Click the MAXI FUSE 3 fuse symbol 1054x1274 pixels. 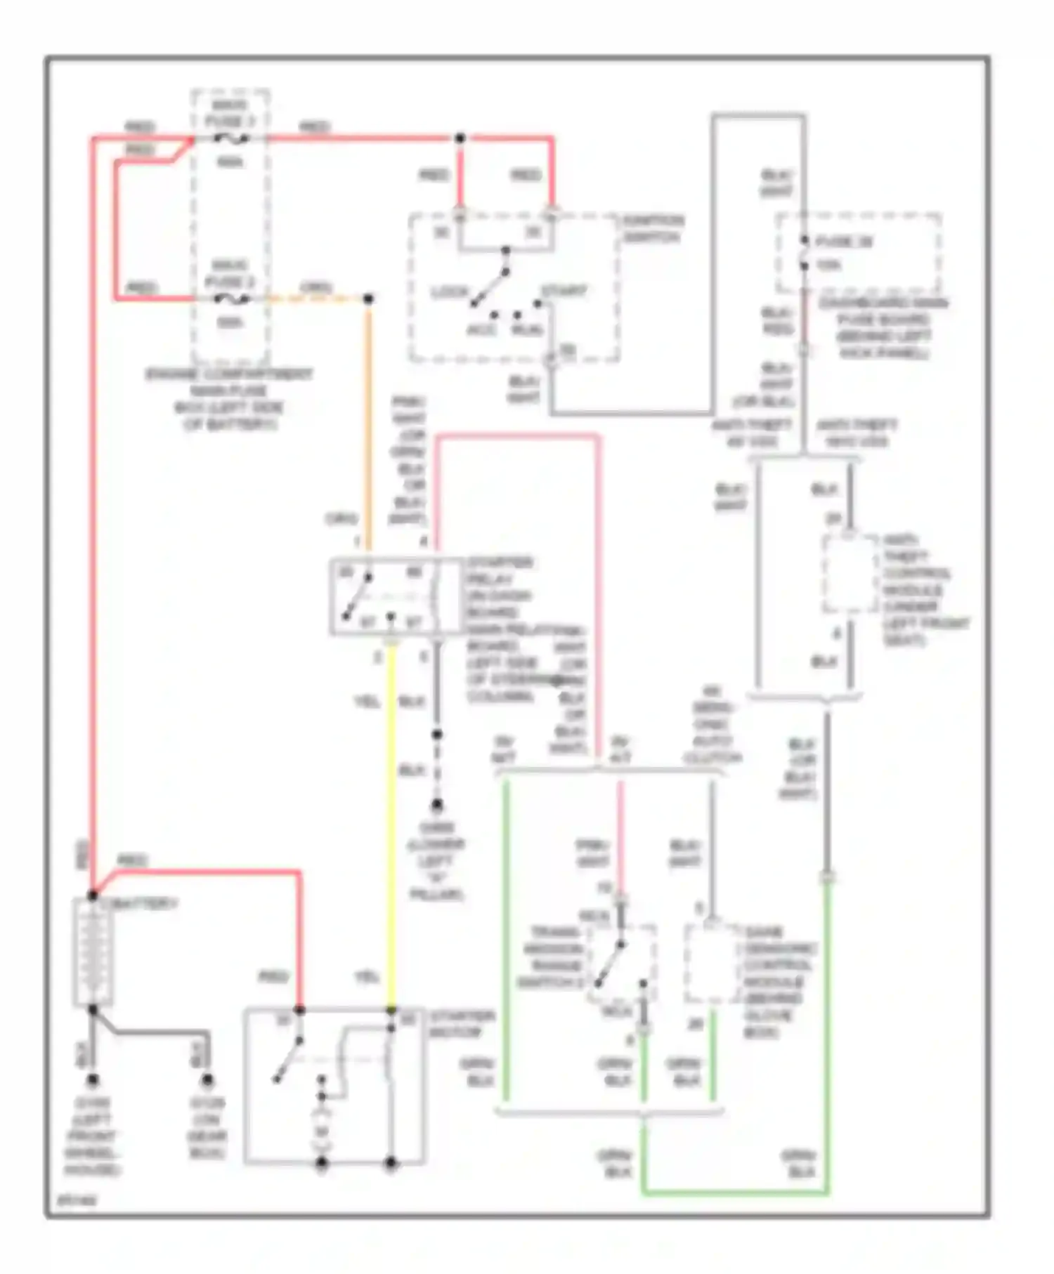click(x=230, y=139)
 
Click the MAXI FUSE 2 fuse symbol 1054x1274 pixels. click(x=230, y=299)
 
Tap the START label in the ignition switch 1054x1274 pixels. click(x=564, y=290)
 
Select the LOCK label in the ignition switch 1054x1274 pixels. click(x=450, y=291)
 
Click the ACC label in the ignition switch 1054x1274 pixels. click(x=481, y=330)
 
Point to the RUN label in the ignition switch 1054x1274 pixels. click(x=527, y=330)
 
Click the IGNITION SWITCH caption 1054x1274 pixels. click(x=653, y=229)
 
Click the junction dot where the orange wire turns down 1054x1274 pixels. click(x=367, y=299)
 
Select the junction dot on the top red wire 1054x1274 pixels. click(x=460, y=138)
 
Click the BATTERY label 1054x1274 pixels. click(x=145, y=903)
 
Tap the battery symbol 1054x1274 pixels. click(x=93, y=952)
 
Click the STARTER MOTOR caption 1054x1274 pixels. click(x=462, y=1024)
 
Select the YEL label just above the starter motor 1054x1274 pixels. click(x=367, y=977)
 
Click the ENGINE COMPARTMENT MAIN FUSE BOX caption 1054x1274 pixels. click(x=230, y=399)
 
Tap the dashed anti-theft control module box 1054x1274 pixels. click(x=850, y=574)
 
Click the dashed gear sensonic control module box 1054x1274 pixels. click(x=713, y=964)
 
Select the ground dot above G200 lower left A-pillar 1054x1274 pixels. click(x=437, y=804)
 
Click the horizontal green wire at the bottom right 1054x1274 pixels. click(x=734, y=1193)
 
